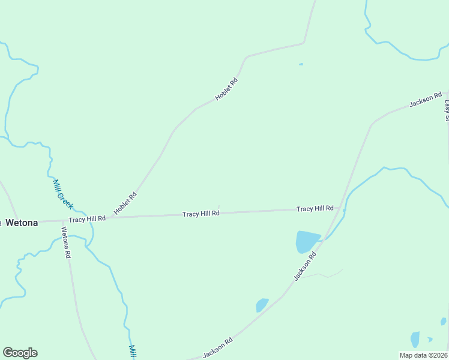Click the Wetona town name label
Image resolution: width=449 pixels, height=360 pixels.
pyautogui.click(x=22, y=223)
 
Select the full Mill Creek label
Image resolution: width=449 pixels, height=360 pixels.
pyautogui.click(x=62, y=194)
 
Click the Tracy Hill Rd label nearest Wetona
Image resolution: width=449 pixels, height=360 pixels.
pyautogui.click(x=87, y=219)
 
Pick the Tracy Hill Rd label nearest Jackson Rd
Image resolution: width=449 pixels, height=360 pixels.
pyautogui.click(x=315, y=208)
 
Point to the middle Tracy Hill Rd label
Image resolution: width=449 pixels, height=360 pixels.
pyautogui.click(x=201, y=214)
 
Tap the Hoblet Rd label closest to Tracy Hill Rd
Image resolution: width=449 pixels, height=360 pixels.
pyautogui.click(x=125, y=203)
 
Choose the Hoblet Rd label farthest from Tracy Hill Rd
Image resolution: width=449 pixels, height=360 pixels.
pyautogui.click(x=227, y=89)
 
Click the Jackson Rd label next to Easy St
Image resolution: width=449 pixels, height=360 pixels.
pyautogui.click(x=426, y=100)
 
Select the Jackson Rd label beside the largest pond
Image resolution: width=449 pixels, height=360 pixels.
pyautogui.click(x=305, y=267)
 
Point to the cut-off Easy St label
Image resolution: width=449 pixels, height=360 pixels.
pyautogui.click(x=447, y=109)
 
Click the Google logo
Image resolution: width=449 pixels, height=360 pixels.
pyautogui.click(x=20, y=353)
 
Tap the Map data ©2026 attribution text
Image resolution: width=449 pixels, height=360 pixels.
pyautogui.click(x=424, y=355)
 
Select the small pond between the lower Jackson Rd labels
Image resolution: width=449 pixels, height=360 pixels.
pyautogui.click(x=262, y=305)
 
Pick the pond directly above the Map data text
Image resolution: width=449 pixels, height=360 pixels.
pyautogui.click(x=415, y=338)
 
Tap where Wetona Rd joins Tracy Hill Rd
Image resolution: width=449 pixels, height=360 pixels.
pyautogui.click(x=62, y=220)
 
